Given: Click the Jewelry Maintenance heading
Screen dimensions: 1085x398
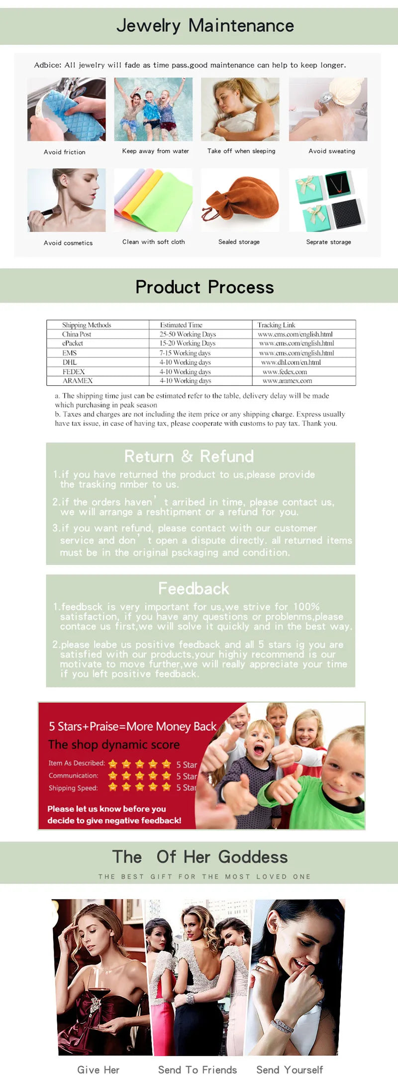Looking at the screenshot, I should (x=205, y=25).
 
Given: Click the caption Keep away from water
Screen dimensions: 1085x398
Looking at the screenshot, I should (x=156, y=151).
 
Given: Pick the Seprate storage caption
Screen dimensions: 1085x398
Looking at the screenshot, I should (x=328, y=242).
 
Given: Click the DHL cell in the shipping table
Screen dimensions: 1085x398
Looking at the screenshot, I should (x=70, y=362).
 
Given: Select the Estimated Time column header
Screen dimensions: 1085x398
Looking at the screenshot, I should (x=181, y=325).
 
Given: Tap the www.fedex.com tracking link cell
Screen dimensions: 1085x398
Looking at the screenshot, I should (x=285, y=372).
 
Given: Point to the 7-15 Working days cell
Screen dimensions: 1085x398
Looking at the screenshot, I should (x=185, y=353).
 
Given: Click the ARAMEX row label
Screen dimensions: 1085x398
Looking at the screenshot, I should (x=78, y=381).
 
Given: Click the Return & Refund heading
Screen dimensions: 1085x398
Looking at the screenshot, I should (x=189, y=456).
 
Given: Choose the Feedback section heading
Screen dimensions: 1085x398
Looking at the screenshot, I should (x=194, y=588).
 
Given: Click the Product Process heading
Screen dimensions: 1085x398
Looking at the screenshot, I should (x=204, y=287).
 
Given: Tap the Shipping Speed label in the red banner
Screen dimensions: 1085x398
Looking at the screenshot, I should (x=73, y=788).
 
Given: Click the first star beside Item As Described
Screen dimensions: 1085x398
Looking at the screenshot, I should (x=113, y=764).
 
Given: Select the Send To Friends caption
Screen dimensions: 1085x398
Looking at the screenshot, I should (x=198, y=1070).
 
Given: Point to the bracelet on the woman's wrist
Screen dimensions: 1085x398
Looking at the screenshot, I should (x=283, y=1026).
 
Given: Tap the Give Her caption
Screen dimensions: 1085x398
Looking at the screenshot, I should (x=99, y=1070).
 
